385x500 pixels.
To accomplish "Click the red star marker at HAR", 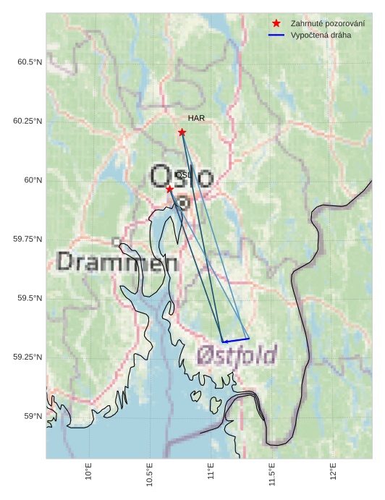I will tap(182, 132).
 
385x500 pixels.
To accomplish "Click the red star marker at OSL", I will tap(169, 189).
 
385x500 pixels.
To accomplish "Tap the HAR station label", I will tap(196, 117).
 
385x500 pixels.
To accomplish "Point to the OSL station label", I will tap(184, 175).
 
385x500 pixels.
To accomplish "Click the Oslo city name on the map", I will tap(182, 177).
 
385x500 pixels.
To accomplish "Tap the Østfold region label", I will tap(237, 355).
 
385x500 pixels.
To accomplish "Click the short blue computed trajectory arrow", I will tap(235, 339).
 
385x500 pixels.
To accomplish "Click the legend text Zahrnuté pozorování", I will tap(327, 23).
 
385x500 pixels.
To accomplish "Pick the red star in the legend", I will tap(276, 23).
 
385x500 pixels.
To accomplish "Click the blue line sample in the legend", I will tap(276, 35).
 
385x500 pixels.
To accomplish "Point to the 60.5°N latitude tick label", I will tap(30, 62).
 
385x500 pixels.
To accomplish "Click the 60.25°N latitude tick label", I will tap(27, 121).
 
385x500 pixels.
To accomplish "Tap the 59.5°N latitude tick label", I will tap(30, 298).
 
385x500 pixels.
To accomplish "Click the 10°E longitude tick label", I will tap(88, 472).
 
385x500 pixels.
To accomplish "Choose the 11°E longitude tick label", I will tap(211, 472).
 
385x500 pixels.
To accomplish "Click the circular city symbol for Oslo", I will tap(184, 203).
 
